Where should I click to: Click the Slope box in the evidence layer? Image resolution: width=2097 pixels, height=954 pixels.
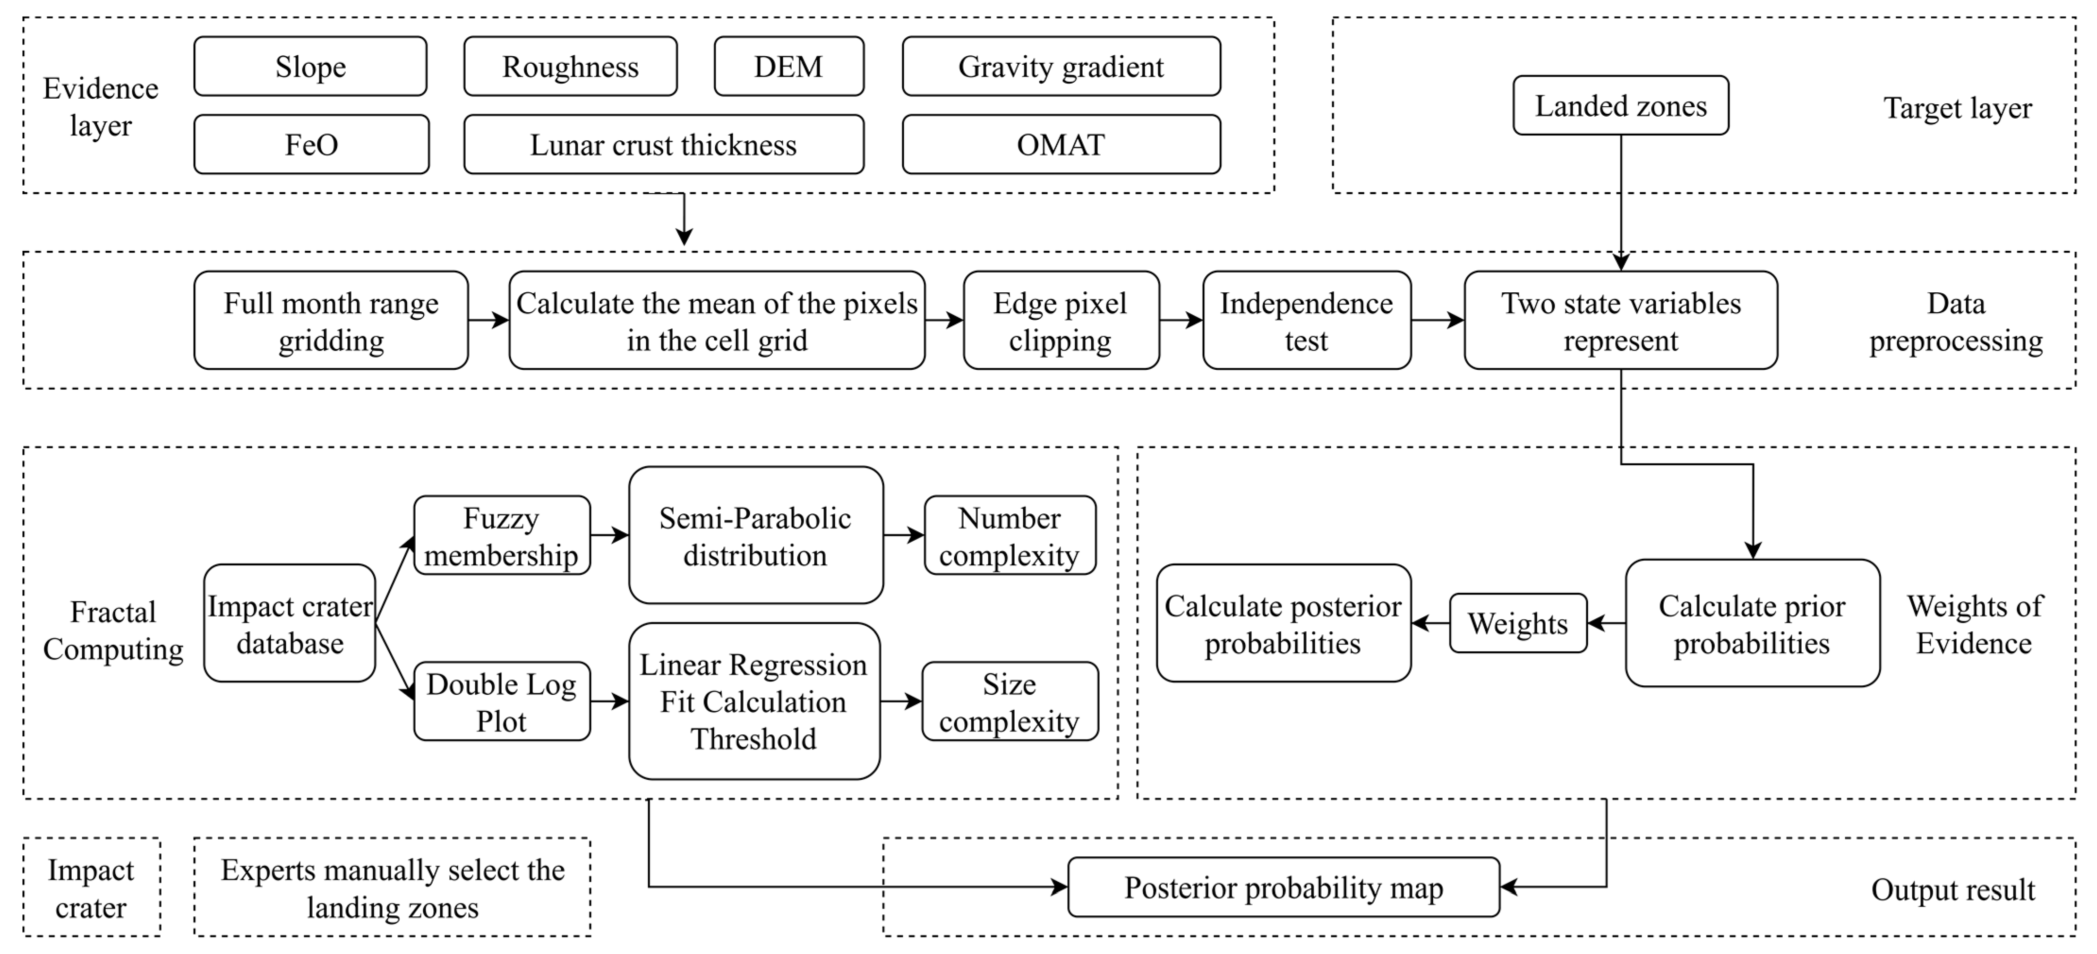click(x=310, y=67)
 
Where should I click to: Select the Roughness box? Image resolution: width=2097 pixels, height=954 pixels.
click(x=570, y=67)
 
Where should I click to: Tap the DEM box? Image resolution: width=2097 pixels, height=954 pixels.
click(x=788, y=67)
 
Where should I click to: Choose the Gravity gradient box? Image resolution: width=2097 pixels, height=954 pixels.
click(x=1061, y=67)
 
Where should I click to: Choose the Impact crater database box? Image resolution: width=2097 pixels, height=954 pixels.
click(x=289, y=623)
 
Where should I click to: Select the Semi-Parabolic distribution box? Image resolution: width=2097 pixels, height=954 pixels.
click(x=755, y=536)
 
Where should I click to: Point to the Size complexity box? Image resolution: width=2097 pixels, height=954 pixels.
click(x=1010, y=702)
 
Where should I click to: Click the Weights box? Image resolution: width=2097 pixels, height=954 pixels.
click(x=1517, y=623)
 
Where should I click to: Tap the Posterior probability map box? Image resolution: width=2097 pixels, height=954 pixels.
click(x=1283, y=887)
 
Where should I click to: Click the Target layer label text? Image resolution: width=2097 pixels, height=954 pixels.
click(x=1957, y=108)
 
